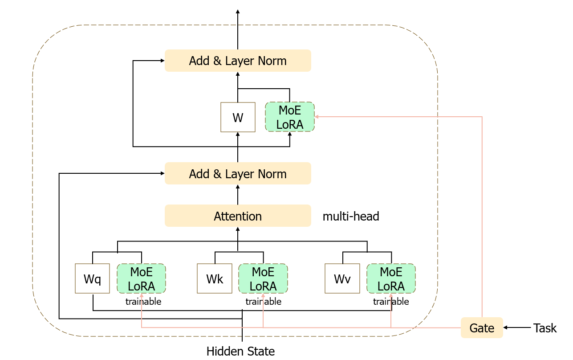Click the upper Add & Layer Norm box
click(x=238, y=61)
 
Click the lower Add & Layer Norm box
click(x=238, y=174)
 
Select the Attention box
click(x=238, y=216)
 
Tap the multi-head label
click(x=351, y=217)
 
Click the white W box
click(x=238, y=118)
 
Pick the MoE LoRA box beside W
click(x=290, y=117)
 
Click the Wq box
click(x=93, y=279)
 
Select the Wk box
click(x=215, y=279)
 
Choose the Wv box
click(x=342, y=279)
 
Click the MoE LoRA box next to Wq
click(x=142, y=279)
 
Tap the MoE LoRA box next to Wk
click(x=263, y=279)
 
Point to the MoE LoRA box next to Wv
click(x=391, y=279)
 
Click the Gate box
click(x=482, y=328)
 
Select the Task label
click(x=545, y=328)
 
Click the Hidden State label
click(x=240, y=351)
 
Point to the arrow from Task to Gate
click(x=517, y=328)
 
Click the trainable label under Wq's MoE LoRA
click(x=143, y=302)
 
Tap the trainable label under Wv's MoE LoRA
click(x=391, y=302)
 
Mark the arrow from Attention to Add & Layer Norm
click(x=238, y=195)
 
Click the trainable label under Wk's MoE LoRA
click(x=264, y=302)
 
